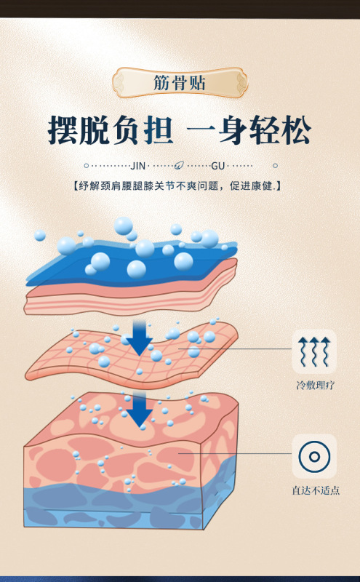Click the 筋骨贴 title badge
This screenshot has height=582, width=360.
pos(180,82)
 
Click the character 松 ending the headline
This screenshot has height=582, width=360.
pos(296,130)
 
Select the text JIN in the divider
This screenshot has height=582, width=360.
pos(137,166)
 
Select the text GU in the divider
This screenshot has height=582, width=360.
pos(218,166)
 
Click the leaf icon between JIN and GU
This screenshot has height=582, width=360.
pos(180,165)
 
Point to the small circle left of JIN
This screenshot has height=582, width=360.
pos(87,166)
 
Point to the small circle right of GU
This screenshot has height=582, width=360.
pos(275,166)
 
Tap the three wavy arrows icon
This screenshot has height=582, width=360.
pos(314,351)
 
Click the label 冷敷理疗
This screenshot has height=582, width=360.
pos(315,386)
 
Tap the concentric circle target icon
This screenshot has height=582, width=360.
pos(314,457)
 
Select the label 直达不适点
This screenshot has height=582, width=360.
pos(316,490)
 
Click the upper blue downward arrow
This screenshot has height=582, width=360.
pos(140,338)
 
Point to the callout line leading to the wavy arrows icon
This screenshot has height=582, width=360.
pos(235,348)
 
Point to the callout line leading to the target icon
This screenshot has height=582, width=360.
pos(235,453)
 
